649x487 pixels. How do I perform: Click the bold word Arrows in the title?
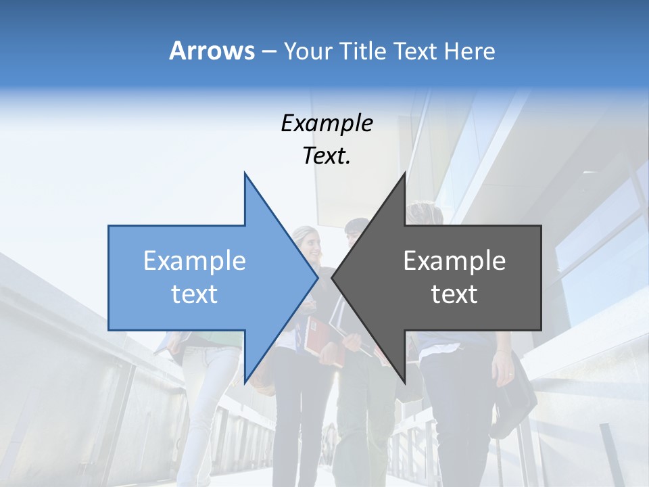[212, 51]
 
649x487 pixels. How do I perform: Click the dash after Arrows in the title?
[268, 51]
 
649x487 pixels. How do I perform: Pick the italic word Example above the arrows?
[327, 123]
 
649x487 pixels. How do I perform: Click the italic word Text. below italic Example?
[327, 156]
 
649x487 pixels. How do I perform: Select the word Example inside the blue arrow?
[194, 260]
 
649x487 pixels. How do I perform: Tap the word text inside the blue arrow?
[194, 294]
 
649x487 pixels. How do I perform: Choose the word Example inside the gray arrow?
[454, 260]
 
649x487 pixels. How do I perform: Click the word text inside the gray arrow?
[454, 294]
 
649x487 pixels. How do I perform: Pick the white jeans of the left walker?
[203, 392]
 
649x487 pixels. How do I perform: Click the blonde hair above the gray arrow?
[426, 214]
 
